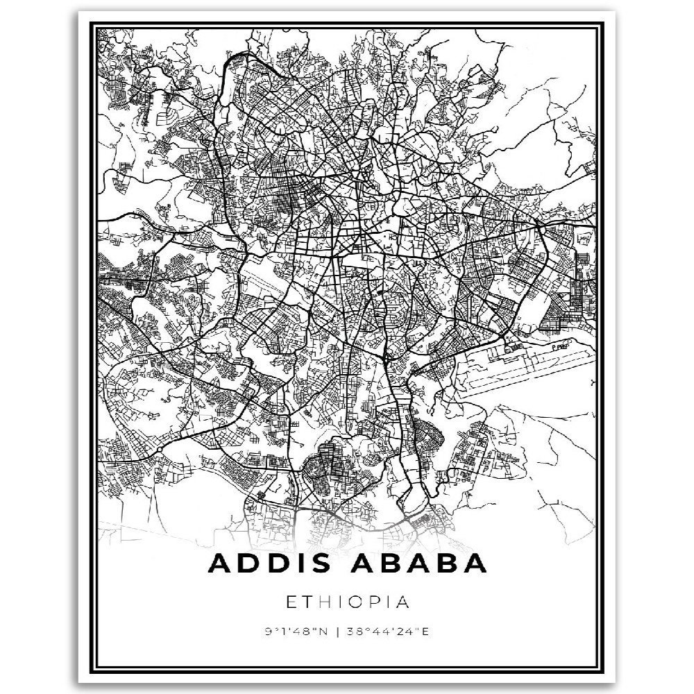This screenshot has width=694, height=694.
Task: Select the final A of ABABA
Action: coord(473,563)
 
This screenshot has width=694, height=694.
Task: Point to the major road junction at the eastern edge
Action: coord(541,226)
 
